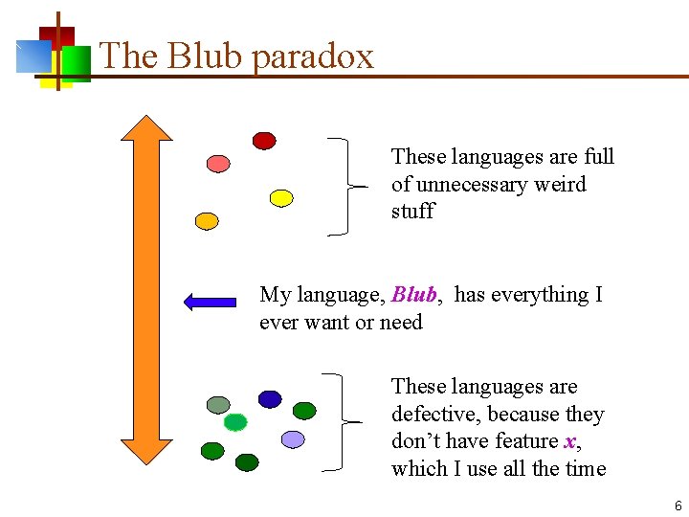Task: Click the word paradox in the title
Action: coord(313,56)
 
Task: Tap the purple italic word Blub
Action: coord(414,295)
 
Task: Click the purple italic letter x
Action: coord(570,441)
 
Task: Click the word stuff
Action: coord(412,211)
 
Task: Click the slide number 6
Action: coord(678,505)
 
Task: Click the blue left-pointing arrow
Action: coord(210,303)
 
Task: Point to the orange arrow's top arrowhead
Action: coord(146,129)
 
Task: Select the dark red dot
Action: coord(264,141)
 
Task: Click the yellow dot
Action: coord(280,198)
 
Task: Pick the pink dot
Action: coord(219,163)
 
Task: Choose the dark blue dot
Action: coord(270,399)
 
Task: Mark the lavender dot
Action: coord(293,438)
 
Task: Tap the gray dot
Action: coord(219,405)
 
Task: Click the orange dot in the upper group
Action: coord(207,220)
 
